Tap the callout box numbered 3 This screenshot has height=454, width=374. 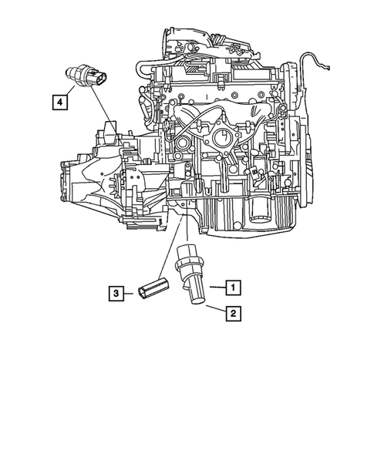115,293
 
